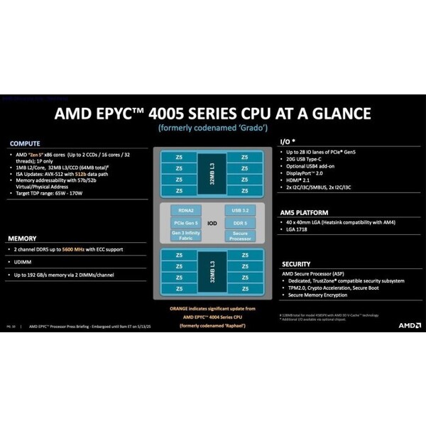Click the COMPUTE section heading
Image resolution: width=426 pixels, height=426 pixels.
click(25, 143)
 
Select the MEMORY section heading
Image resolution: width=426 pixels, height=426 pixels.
click(23, 238)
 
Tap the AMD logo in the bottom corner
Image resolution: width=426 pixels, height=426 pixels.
click(409, 324)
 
